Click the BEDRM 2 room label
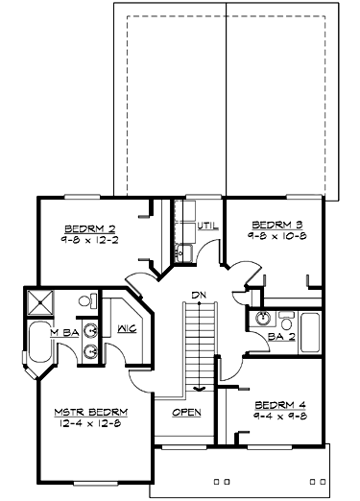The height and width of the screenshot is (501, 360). coord(90,228)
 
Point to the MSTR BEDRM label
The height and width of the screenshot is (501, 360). coord(90,411)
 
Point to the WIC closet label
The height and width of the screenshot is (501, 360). coord(125,328)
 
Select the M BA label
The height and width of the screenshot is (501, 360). coord(64,332)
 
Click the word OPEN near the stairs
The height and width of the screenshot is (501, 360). coord(186,413)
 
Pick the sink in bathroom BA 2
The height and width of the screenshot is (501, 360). coord(284,318)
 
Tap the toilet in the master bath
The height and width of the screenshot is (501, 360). coord(84,301)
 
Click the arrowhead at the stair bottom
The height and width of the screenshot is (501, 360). coord(200,389)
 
